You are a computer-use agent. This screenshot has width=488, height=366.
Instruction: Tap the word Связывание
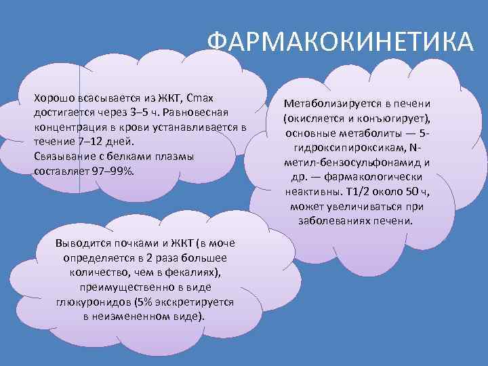point(63,157)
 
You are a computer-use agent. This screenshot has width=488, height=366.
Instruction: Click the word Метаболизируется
point(331,102)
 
